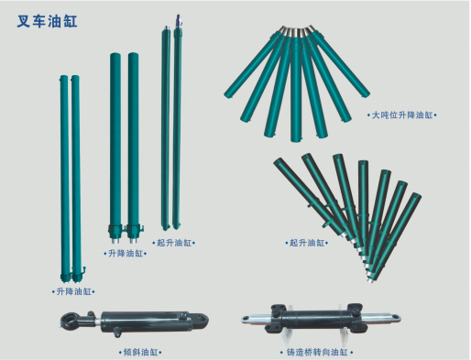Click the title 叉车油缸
point(47,21)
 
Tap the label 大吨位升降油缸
point(402,115)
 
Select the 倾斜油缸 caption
point(140,353)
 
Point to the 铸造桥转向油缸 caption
point(317,353)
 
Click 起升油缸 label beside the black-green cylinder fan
point(307,243)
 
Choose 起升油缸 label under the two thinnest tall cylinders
point(174,243)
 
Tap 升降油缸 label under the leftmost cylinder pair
point(73,291)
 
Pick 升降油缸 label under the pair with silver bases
point(126,254)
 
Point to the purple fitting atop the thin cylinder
point(179,21)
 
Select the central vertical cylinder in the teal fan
point(296,85)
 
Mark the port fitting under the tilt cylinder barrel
point(117,333)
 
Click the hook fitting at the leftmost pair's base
point(83,270)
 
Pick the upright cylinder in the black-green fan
point(363,208)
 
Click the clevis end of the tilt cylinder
point(201,320)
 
